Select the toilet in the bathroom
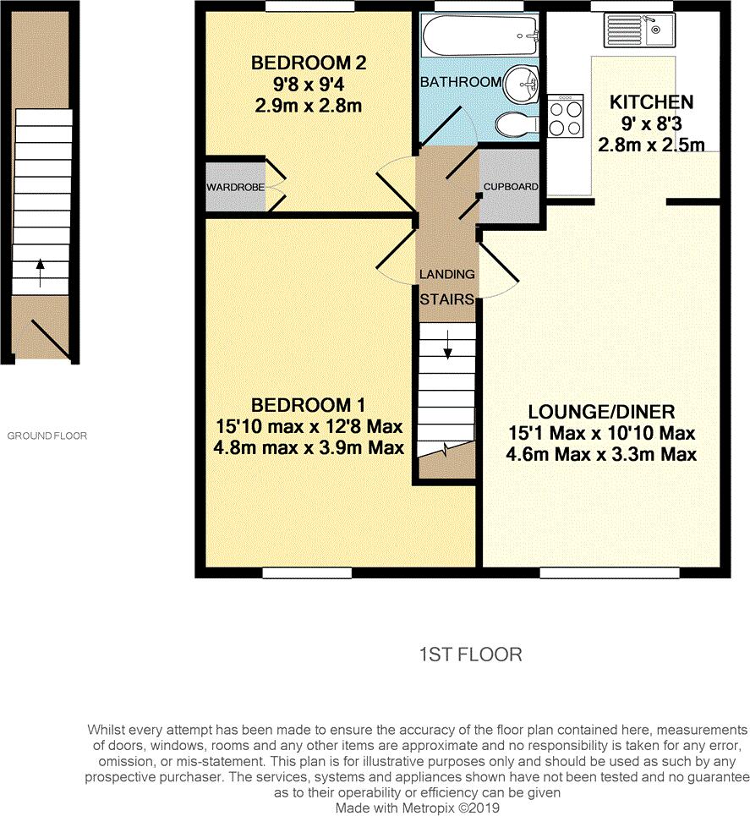pyautogui.click(x=517, y=125)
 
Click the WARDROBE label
pyautogui.click(x=235, y=186)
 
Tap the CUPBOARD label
pyautogui.click(x=511, y=187)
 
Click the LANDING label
pyautogui.click(x=447, y=275)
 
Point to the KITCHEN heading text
pyautogui.click(x=651, y=102)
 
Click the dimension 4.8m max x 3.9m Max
pyautogui.click(x=309, y=447)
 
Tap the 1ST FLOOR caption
pyautogui.click(x=470, y=654)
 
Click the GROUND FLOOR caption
pyautogui.click(x=47, y=436)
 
